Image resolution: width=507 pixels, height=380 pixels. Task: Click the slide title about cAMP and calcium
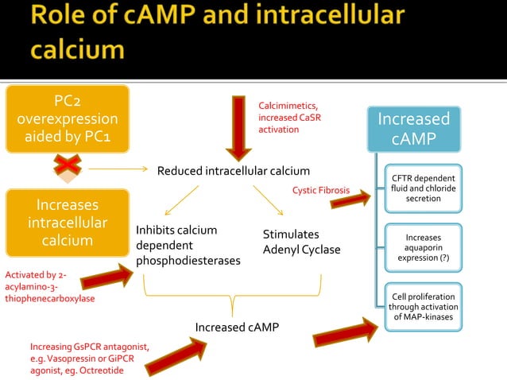tap(215, 33)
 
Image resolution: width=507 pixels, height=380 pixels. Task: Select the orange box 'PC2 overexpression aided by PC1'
tap(68, 119)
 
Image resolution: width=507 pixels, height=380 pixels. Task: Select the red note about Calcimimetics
tap(290, 117)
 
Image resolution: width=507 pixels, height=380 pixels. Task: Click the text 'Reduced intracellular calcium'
tap(233, 171)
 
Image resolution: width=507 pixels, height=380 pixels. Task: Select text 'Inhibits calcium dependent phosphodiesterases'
tap(188, 245)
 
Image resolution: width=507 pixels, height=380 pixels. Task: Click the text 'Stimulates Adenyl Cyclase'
tap(301, 242)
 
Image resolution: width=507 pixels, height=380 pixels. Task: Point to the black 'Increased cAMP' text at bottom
tap(237, 327)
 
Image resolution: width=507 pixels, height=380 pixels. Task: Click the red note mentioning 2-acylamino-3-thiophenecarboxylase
tap(49, 287)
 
